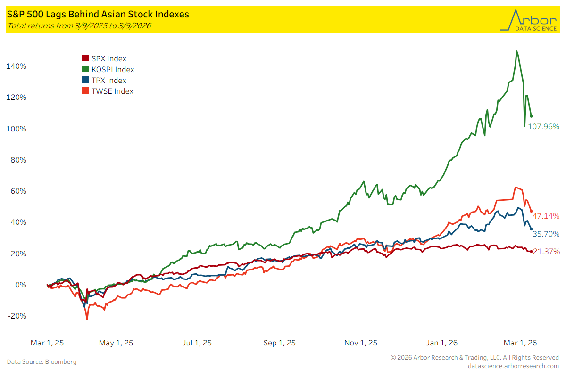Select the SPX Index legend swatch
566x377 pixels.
tap(85, 59)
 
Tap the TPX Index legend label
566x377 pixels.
tap(108, 81)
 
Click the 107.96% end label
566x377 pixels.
tap(543, 126)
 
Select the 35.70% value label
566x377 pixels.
tap(546, 234)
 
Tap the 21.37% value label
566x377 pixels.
tap(546, 252)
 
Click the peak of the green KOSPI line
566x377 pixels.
tap(517, 51)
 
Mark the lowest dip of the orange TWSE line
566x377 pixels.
tap(87, 320)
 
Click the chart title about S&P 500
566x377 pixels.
tap(98, 15)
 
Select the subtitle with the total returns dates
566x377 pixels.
tap(79, 26)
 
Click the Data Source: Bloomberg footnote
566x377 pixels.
tap(42, 362)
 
